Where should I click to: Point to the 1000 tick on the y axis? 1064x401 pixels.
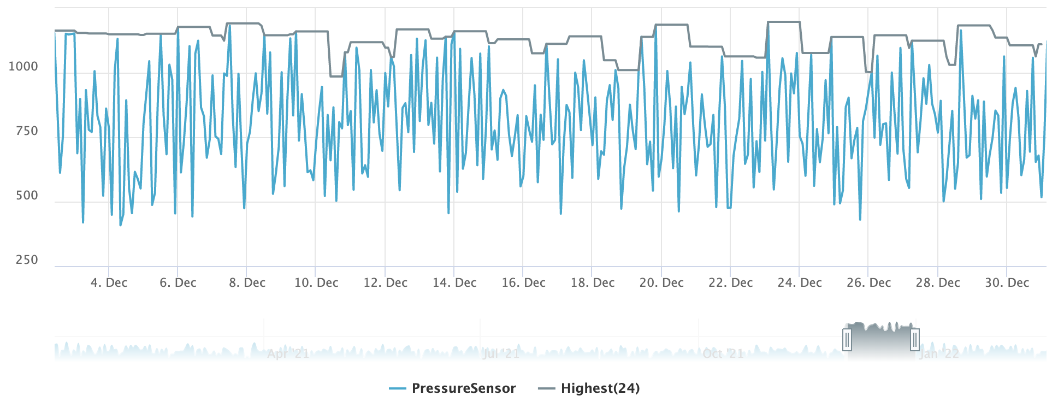coord(23,67)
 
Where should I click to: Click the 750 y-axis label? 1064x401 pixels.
coord(27,131)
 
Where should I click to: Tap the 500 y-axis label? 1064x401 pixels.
coord(27,196)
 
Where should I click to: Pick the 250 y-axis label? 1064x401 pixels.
coord(27,260)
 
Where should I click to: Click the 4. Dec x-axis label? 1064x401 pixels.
coord(109,283)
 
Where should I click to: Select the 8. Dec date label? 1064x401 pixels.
coord(247,283)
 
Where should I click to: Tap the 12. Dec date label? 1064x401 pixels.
coord(386,283)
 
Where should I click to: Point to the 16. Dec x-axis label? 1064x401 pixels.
coord(523,283)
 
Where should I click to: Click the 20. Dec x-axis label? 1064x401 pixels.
coord(661,283)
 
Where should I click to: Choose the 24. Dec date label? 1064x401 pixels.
coord(800,283)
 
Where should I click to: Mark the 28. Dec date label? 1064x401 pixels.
coord(938,283)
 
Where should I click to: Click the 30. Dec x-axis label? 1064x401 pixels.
coord(1007,283)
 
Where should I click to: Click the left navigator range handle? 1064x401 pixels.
coord(847,340)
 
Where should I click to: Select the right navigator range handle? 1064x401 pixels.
coord(915,340)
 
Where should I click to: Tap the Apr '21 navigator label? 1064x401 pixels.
coord(288,354)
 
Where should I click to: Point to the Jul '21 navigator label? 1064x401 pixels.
coord(501,354)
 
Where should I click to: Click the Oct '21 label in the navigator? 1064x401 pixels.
coord(723,354)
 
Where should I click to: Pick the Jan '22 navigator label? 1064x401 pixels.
coord(939,354)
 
